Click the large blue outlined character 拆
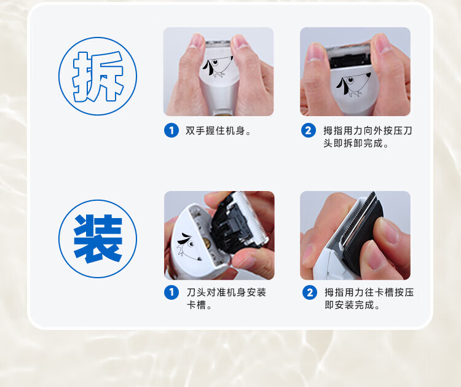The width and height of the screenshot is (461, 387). pyautogui.click(x=98, y=76)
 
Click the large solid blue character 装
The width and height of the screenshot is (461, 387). pyautogui.click(x=98, y=238)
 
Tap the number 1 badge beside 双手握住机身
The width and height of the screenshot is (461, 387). pyautogui.click(x=171, y=130)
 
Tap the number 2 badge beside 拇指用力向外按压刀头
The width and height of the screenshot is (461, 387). pyautogui.click(x=309, y=130)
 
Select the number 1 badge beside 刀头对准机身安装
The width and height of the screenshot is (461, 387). pyautogui.click(x=171, y=292)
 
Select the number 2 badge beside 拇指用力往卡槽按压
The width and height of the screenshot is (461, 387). pyautogui.click(x=310, y=292)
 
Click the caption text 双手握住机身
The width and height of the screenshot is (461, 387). pyautogui.click(x=215, y=131)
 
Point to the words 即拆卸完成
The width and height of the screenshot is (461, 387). pyautogui.click(x=353, y=143)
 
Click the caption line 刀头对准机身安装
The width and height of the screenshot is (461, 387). pyautogui.click(x=226, y=292)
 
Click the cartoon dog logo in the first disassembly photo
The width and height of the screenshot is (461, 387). pyautogui.click(x=217, y=67)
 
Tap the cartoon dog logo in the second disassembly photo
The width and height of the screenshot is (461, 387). pyautogui.click(x=353, y=85)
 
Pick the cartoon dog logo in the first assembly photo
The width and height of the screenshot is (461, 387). pyautogui.click(x=189, y=246)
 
